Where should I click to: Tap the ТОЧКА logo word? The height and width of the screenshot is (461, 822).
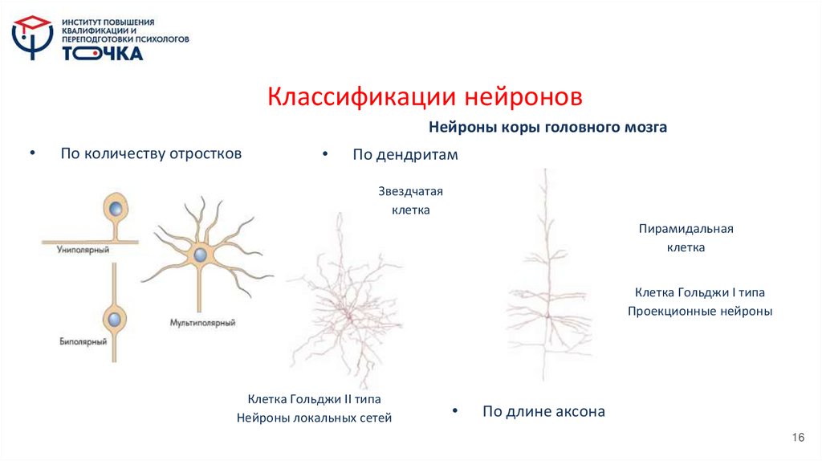tap(103, 54)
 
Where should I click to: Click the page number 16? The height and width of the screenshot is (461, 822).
tap(797, 437)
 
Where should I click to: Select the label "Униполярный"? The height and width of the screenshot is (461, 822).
tap(83, 251)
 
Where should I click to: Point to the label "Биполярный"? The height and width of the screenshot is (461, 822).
tap(83, 341)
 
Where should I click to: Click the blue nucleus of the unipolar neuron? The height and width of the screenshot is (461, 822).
tap(117, 210)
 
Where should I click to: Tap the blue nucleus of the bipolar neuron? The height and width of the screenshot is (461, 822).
tap(116, 319)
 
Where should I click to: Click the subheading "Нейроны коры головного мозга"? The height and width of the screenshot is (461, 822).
tap(547, 127)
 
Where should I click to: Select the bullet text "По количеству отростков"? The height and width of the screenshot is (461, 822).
tap(151, 153)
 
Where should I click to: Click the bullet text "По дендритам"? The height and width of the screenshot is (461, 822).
tap(405, 155)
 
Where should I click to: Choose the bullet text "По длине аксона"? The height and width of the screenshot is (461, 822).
tap(543, 412)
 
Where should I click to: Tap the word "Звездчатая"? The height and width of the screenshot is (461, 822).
tap(411, 191)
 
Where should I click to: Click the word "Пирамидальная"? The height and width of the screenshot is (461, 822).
tap(686, 229)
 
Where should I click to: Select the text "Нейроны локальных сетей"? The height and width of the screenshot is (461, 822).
tap(314, 418)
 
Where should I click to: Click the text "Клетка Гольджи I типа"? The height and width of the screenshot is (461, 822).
tap(699, 292)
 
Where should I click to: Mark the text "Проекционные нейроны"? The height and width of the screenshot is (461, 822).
tap(699, 312)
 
